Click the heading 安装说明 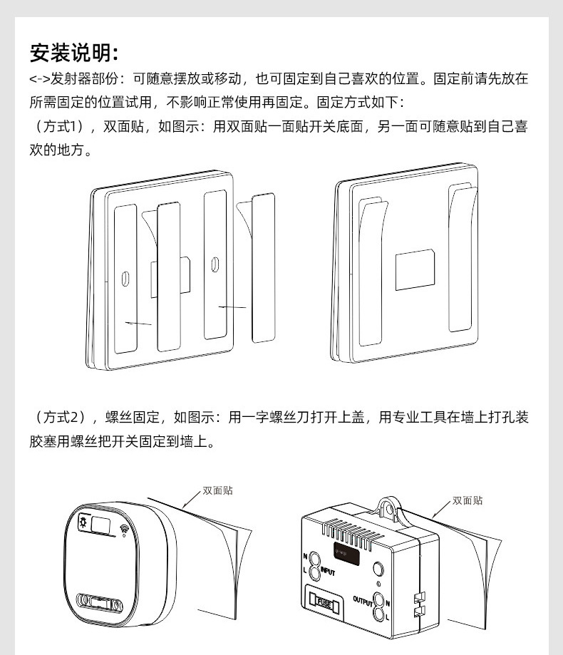tap(73, 52)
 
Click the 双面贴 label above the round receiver tap(217, 490)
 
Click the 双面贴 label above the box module tap(468, 500)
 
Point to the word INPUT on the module tap(327, 571)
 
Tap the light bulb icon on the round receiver tap(83, 524)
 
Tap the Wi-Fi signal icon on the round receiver tap(125, 530)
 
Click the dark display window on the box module tap(345, 551)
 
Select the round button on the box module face tap(378, 569)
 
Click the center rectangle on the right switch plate tap(415, 269)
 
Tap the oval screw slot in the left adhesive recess tap(125, 279)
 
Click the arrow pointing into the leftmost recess tap(138, 323)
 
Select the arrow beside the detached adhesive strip tap(232, 307)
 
